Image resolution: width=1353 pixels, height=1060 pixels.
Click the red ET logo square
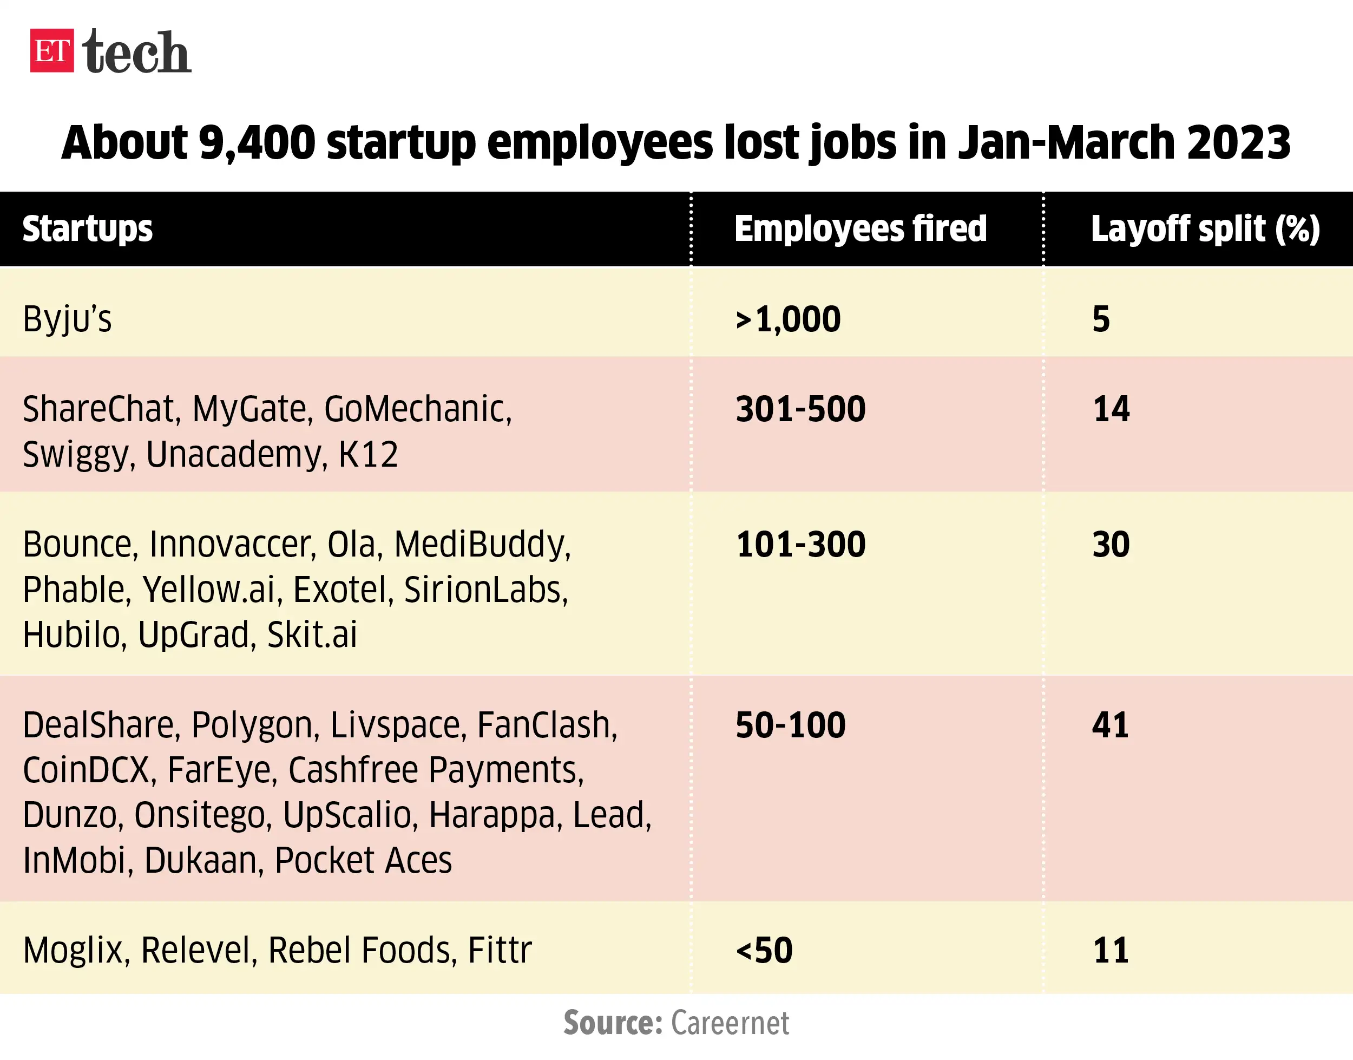pos(52,50)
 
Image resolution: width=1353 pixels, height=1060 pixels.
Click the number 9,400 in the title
pos(258,142)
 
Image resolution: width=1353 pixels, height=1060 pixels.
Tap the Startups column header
pos(88,229)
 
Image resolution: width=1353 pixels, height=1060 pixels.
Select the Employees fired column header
pos(861,229)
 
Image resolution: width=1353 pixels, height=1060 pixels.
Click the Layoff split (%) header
pos(1205,229)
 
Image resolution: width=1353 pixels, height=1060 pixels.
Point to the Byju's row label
pos(67,319)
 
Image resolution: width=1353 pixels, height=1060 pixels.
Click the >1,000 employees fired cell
pos(788,319)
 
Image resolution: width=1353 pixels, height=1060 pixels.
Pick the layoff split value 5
pos(1100,319)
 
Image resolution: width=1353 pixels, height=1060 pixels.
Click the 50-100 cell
pos(790,725)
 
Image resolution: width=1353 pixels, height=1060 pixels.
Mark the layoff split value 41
pos(1110,725)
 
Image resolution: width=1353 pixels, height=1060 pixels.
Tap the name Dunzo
pos(69,815)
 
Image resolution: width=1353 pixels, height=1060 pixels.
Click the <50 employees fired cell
pos(764,950)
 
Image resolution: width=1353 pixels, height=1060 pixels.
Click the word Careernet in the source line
pos(730,1023)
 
